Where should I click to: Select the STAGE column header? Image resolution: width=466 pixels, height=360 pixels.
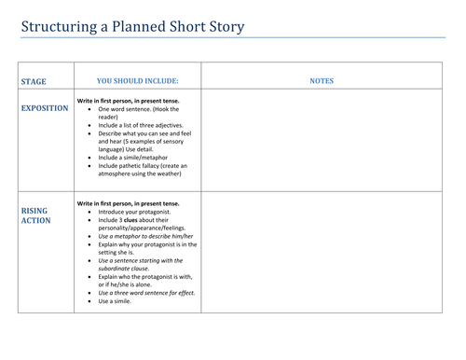click(x=34, y=82)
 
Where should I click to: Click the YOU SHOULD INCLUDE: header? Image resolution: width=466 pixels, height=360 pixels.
click(x=137, y=82)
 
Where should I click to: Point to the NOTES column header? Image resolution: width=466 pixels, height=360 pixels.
click(x=322, y=82)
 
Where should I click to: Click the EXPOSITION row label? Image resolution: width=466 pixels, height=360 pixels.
click(x=44, y=108)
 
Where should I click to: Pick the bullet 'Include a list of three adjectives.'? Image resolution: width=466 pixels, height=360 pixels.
click(x=141, y=125)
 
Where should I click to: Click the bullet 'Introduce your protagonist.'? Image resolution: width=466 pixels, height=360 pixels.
click(x=134, y=211)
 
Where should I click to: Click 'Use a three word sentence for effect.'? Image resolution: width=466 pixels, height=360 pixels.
click(x=145, y=293)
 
